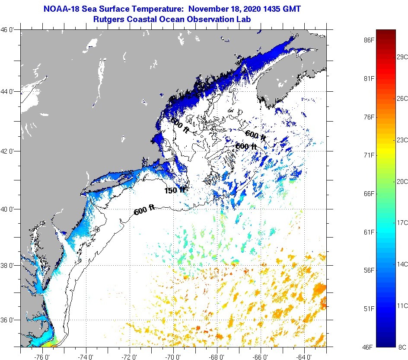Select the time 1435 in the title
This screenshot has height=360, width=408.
click(271, 8)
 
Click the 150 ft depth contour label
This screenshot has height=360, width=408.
click(175, 190)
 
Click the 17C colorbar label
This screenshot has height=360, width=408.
click(402, 222)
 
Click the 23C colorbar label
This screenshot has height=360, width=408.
click(402, 140)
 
